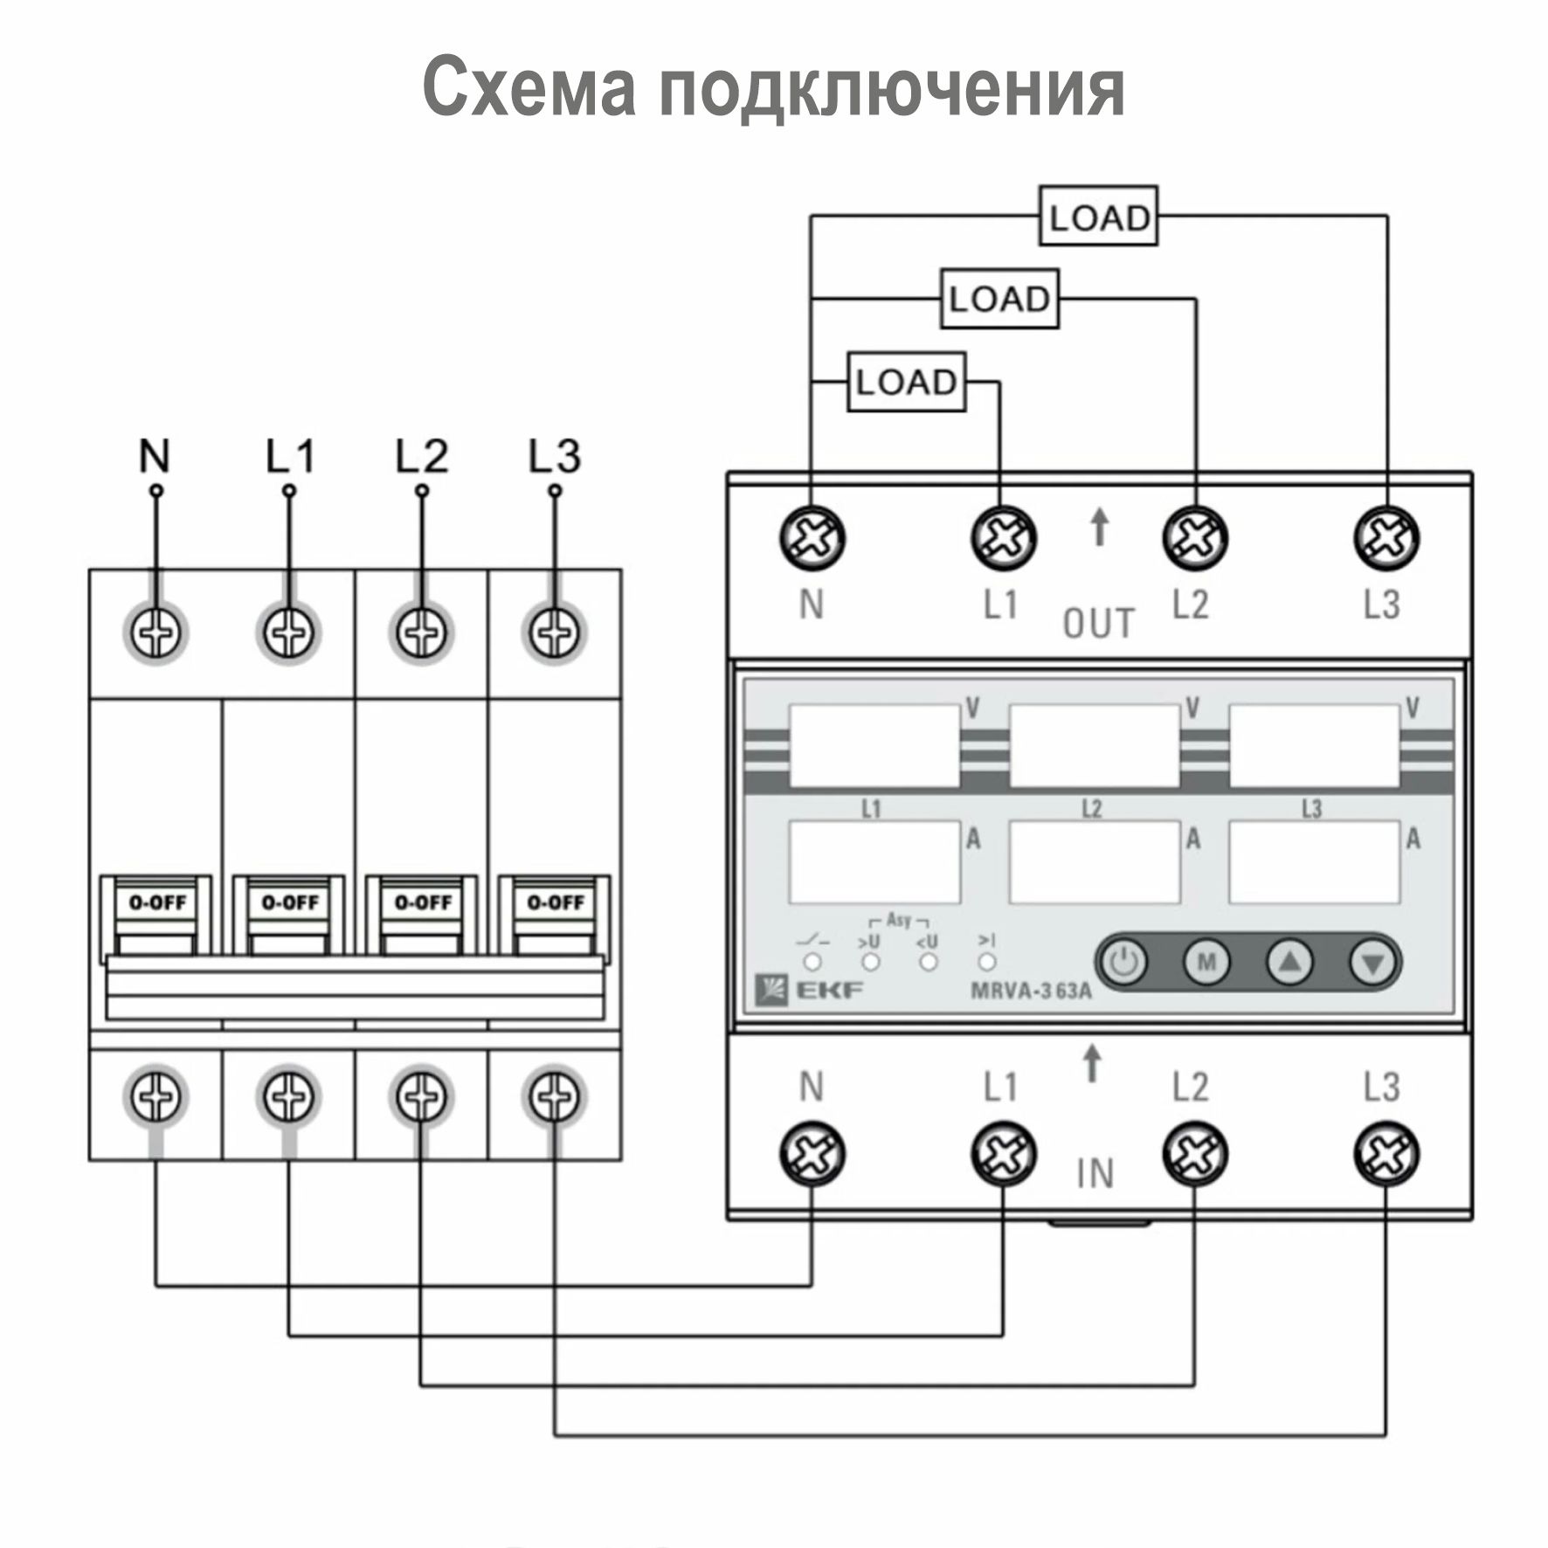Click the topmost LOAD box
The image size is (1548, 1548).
click(1098, 216)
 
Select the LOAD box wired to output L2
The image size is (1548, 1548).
click(999, 299)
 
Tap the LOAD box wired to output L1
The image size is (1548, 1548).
click(907, 382)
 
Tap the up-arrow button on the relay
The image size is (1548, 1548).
click(1290, 963)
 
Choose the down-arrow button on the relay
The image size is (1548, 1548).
click(1372, 963)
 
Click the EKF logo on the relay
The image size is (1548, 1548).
click(809, 989)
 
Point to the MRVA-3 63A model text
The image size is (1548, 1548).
click(1031, 992)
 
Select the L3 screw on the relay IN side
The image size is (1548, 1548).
click(1386, 1153)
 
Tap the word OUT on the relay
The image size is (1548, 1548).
click(1098, 624)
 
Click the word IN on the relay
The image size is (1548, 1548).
click(1095, 1173)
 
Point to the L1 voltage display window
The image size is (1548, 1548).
click(874, 746)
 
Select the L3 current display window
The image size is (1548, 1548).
click(1314, 861)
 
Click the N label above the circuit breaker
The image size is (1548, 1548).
click(155, 456)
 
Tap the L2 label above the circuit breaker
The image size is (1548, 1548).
click(421, 456)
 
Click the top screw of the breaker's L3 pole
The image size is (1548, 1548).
click(554, 632)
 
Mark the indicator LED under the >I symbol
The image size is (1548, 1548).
click(987, 962)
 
